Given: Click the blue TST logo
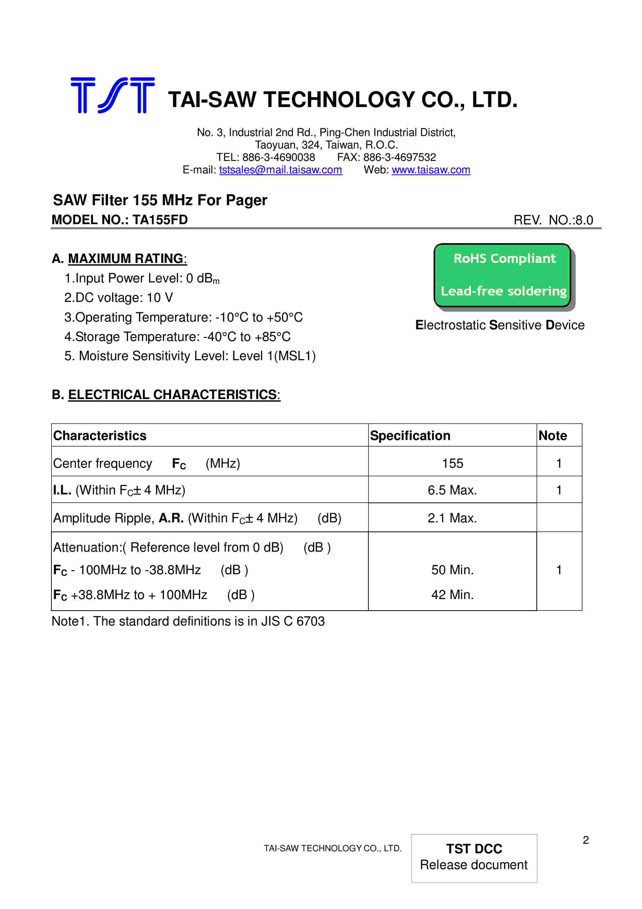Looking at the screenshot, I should click(x=112, y=95).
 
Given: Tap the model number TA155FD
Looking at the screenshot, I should click(x=160, y=220).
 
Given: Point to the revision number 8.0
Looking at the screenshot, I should click(x=584, y=220).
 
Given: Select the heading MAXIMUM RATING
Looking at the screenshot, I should click(x=126, y=259).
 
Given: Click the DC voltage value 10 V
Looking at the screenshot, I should click(x=160, y=298).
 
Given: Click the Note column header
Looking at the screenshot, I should click(x=553, y=436).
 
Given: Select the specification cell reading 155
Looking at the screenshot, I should click(x=452, y=463).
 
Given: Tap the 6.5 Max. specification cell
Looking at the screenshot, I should click(x=452, y=490).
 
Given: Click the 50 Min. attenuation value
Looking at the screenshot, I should click(x=452, y=570).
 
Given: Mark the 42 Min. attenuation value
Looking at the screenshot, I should click(x=452, y=595).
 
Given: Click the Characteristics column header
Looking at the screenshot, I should click(x=100, y=436).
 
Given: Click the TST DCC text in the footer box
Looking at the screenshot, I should click(x=474, y=848).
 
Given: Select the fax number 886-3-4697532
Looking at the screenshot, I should click(x=400, y=157).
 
